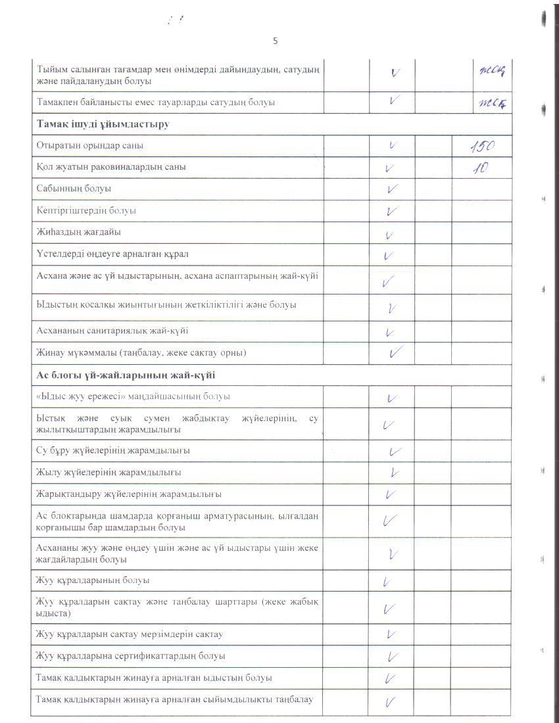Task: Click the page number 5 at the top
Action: pos(275,41)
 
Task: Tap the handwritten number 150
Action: pos(481,146)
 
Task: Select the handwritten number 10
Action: pos(481,168)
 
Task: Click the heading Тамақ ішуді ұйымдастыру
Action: pos(103,124)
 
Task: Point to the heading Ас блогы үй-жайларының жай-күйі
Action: pos(126,375)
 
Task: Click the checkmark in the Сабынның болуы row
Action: pos(393,189)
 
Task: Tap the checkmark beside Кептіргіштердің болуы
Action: pos(393,211)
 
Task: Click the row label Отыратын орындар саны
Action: pos(90,145)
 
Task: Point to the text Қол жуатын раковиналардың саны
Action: pos(111,167)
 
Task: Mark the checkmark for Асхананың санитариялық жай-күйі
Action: pos(391,332)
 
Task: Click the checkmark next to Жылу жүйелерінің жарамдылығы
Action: pos(395,472)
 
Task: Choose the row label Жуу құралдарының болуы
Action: pos(93,580)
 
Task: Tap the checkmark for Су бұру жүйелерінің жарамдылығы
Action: pos(395,452)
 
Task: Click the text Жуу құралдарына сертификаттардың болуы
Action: pos(131,656)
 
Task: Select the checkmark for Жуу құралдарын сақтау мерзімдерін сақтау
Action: pos(391,634)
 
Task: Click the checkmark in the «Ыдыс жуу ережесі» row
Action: pos(393,398)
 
